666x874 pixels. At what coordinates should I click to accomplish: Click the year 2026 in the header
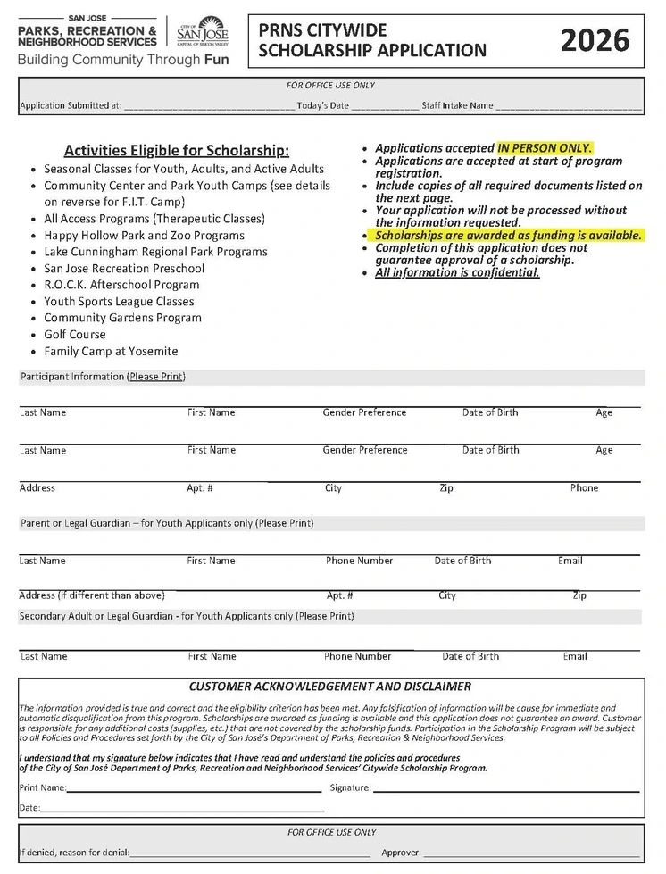tap(595, 40)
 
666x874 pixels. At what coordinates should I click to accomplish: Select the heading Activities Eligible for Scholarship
tap(177, 150)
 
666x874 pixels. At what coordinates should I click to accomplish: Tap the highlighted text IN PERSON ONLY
tap(545, 148)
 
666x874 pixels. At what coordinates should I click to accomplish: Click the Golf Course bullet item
tap(75, 335)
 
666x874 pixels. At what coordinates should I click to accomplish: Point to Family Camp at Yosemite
tap(111, 352)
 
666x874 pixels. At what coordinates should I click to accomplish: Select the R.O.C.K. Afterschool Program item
tap(121, 285)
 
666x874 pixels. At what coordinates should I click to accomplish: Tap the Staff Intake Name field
tap(568, 106)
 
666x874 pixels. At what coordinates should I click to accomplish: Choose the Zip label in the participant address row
tap(446, 488)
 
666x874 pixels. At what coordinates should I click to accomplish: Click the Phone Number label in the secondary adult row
tap(357, 656)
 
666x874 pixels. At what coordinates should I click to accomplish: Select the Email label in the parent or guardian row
tap(570, 561)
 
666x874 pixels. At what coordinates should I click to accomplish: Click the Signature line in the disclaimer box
tap(505, 788)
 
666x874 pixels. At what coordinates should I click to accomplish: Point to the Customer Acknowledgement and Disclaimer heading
tap(330, 687)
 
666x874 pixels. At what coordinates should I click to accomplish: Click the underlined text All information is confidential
tap(457, 273)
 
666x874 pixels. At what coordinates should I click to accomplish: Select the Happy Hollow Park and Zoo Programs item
tap(144, 236)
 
